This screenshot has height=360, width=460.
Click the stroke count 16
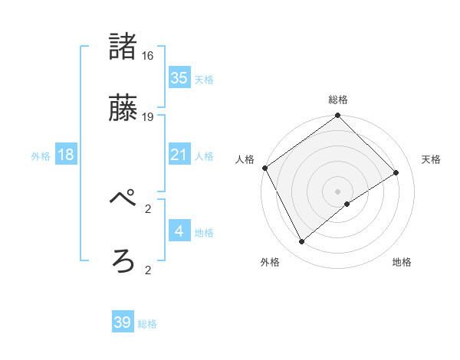pyautogui.click(x=148, y=56)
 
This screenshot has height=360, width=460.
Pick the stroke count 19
pyautogui.click(x=148, y=116)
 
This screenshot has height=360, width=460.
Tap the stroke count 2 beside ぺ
pyautogui.click(x=148, y=208)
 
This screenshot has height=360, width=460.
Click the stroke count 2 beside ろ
pyautogui.click(x=148, y=270)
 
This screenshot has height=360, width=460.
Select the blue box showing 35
pyautogui.click(x=179, y=78)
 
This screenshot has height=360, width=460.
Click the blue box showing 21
pyautogui.click(x=179, y=155)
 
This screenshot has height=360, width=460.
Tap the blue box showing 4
pyautogui.click(x=179, y=231)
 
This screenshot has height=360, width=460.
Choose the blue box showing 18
pyautogui.click(x=66, y=155)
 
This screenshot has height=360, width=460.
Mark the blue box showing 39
pyautogui.click(x=123, y=322)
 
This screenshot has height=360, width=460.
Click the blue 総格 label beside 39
pyautogui.click(x=147, y=324)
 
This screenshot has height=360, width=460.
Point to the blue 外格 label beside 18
pyautogui.click(x=41, y=156)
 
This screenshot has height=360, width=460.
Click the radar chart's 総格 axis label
pyautogui.click(x=337, y=100)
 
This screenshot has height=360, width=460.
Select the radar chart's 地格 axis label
pyautogui.click(x=402, y=262)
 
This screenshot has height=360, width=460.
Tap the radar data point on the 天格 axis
pyautogui.click(x=396, y=172)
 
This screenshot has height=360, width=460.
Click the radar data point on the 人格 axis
pyautogui.click(x=264, y=168)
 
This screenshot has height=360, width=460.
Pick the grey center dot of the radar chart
pyautogui.click(x=337, y=191)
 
